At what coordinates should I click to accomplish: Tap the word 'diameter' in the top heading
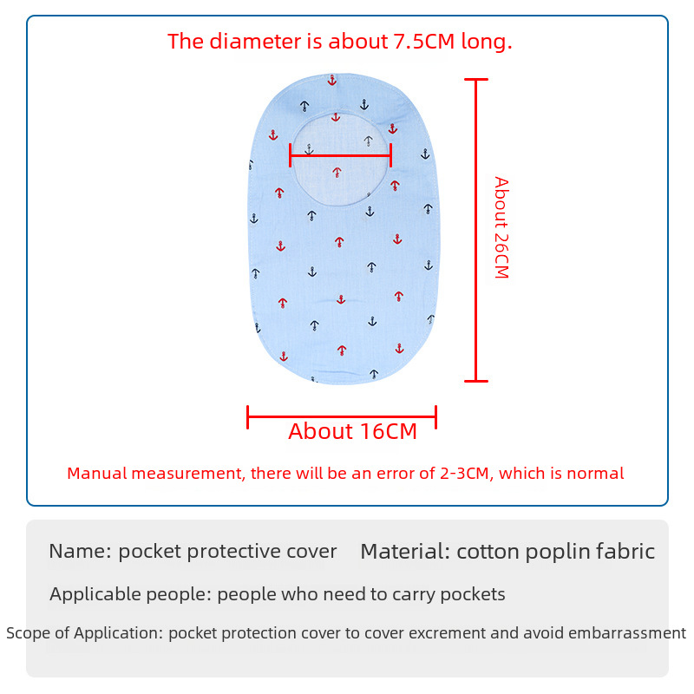(x=255, y=41)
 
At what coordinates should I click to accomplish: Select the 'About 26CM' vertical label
(x=501, y=227)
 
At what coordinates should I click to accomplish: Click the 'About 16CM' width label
(x=353, y=431)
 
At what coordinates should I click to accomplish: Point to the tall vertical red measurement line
(x=475, y=230)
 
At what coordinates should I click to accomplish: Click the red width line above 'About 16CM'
(x=342, y=417)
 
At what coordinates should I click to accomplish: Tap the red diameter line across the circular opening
(x=340, y=155)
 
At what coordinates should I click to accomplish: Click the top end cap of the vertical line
(x=475, y=79)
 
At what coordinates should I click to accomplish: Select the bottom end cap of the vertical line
(x=475, y=381)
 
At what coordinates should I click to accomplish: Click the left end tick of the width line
(x=247, y=417)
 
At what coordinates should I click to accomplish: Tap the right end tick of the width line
(x=436, y=417)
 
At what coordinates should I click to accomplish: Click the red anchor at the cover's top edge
(x=332, y=80)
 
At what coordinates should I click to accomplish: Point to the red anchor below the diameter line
(x=337, y=172)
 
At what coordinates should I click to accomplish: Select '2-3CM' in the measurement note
(x=464, y=473)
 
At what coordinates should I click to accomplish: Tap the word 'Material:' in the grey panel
(x=406, y=552)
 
